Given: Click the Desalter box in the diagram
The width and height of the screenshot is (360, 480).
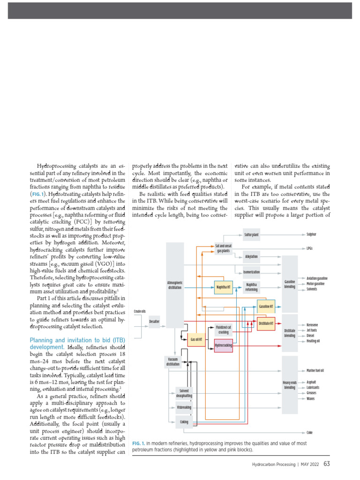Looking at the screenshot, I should [154, 321].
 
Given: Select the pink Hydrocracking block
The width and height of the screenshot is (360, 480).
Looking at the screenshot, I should [223, 345].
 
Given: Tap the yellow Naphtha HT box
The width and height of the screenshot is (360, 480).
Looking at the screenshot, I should [223, 287].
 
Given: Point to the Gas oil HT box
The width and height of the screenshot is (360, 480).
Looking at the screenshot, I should [196, 339].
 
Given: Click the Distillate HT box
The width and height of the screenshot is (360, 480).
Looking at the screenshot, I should [266, 323].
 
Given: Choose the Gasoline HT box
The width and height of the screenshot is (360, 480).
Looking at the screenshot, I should [266, 307].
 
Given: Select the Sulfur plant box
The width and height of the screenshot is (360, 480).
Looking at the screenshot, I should [251, 234].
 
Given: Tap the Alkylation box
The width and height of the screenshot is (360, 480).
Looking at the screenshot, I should [251, 257].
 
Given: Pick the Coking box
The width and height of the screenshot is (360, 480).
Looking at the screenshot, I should [184, 422].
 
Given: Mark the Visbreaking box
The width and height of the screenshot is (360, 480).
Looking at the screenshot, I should [184, 408].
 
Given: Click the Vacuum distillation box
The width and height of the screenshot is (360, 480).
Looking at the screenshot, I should [172, 361].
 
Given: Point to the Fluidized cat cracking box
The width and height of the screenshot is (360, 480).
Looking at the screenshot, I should [224, 330].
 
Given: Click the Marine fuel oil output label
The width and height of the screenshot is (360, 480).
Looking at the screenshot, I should [315, 370].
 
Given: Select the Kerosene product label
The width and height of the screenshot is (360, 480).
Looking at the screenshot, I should [312, 325].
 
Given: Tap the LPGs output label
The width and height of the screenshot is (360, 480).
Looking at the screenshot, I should [310, 248].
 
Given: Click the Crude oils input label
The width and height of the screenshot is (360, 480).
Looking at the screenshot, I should [140, 311].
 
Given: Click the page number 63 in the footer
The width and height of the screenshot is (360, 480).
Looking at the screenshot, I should [327, 464].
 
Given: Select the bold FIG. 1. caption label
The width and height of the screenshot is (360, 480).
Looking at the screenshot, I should [139, 443].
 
